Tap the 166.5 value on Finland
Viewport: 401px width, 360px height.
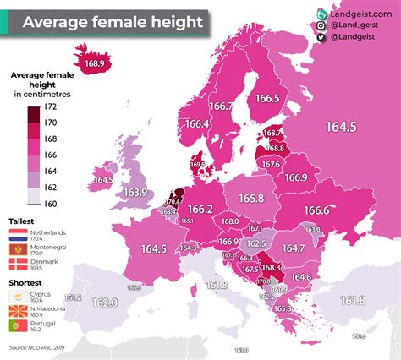pos(266,99)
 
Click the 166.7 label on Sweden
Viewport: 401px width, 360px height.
pos(222,106)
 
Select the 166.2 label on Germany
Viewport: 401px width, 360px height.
pos(200,209)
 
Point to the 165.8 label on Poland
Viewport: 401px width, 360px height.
pos(251,198)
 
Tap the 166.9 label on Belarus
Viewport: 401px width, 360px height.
pos(296,177)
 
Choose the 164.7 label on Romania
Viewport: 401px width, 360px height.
pos(293,248)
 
